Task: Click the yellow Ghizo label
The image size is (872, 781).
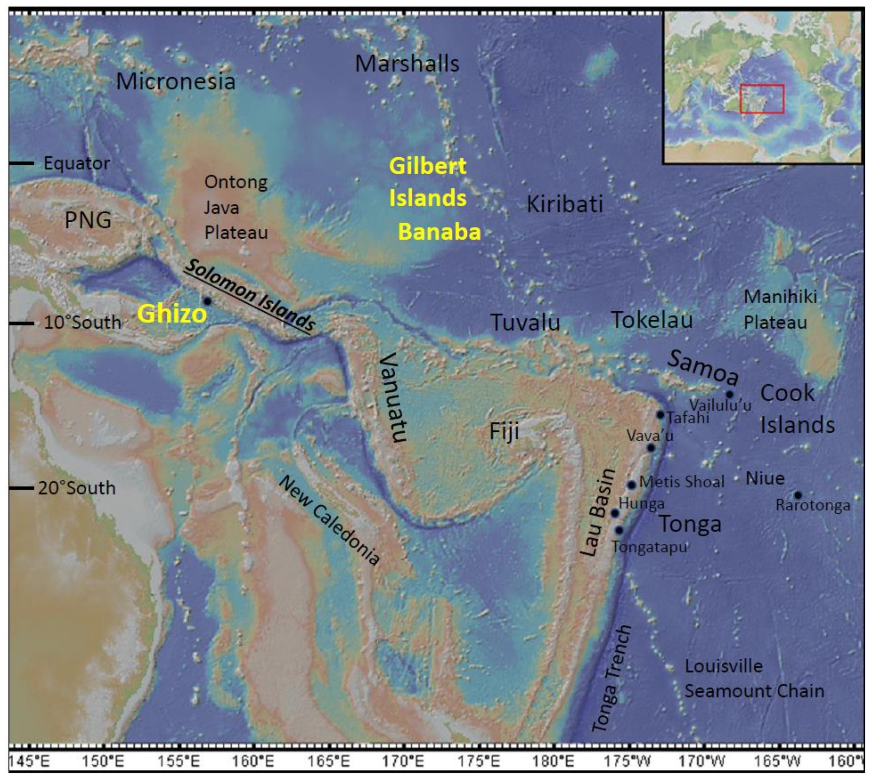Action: [x=172, y=314]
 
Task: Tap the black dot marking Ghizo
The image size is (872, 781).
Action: [x=207, y=301]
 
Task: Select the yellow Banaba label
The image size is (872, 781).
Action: [x=439, y=232]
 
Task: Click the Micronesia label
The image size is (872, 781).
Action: [x=176, y=81]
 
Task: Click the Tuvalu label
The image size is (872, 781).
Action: [x=525, y=323]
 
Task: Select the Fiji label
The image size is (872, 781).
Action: [x=504, y=431]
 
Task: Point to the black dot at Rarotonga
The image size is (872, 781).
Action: [x=798, y=495]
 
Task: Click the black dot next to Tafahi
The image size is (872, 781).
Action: [x=660, y=415]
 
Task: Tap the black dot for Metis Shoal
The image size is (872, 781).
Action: [x=632, y=485]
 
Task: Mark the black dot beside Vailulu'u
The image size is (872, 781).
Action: [x=729, y=394]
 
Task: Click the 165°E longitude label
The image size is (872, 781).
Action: [x=328, y=761]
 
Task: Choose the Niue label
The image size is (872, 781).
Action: [x=765, y=478]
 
